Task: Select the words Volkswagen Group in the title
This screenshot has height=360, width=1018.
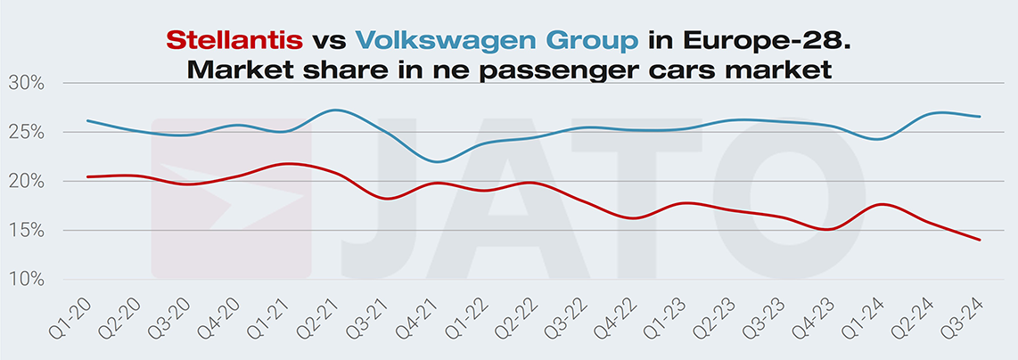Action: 497,40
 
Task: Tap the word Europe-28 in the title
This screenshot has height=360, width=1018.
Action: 767,40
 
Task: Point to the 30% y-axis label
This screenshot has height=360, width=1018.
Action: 27,83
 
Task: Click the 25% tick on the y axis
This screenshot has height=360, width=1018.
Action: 27,132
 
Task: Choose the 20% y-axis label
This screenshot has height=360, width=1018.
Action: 27,181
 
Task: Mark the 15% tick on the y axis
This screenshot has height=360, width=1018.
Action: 27,231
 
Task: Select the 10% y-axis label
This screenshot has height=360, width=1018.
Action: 27,280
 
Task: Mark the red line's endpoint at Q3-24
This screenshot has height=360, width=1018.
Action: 981,240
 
